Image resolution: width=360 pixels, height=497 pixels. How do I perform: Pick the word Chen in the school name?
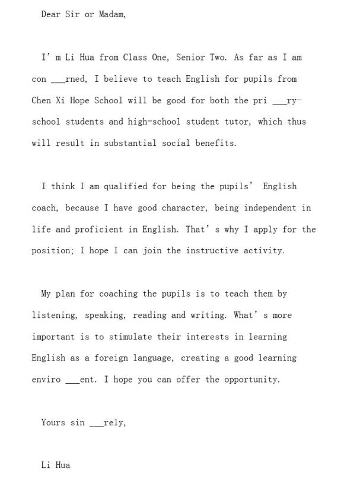coord(41,100)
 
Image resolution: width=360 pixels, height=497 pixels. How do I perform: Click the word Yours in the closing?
coord(53,422)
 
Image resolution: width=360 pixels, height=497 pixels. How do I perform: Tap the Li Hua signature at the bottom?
coord(55,465)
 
